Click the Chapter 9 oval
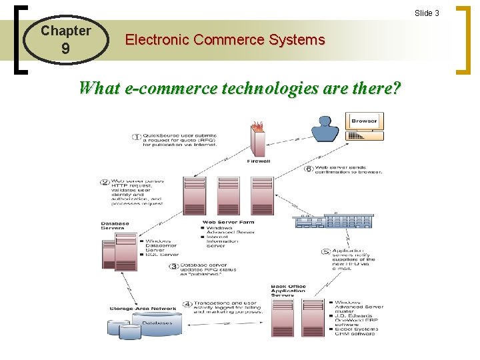click(65, 40)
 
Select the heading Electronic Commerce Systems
click(225, 40)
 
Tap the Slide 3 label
click(427, 13)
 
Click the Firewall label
click(258, 161)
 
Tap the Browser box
click(364, 121)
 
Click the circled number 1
click(137, 137)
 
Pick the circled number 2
click(105, 182)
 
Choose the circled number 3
click(173, 266)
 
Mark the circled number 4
click(187, 305)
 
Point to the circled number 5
click(325, 252)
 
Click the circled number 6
click(308, 169)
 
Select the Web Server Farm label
click(227, 223)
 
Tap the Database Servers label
click(115, 226)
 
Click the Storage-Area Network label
click(143, 309)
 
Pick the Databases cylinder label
click(155, 323)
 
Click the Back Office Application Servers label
click(289, 291)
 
